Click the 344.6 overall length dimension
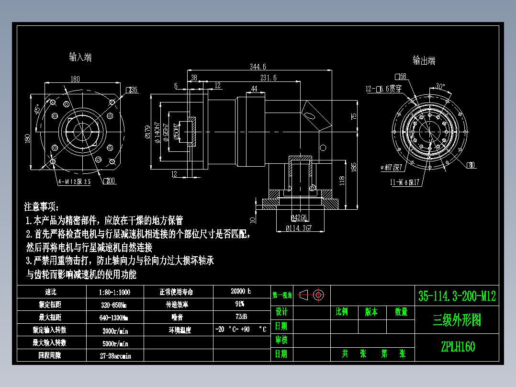[258, 67]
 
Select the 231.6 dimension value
[268, 78]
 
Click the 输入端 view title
[80, 57]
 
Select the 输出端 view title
[424, 61]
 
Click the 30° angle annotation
[439, 87]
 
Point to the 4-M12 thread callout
[74, 182]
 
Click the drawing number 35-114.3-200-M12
[457, 296]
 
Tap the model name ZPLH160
[458, 346]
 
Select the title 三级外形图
[457, 320]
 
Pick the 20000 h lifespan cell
[240, 291]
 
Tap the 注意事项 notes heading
[42, 207]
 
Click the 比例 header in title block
[342, 312]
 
